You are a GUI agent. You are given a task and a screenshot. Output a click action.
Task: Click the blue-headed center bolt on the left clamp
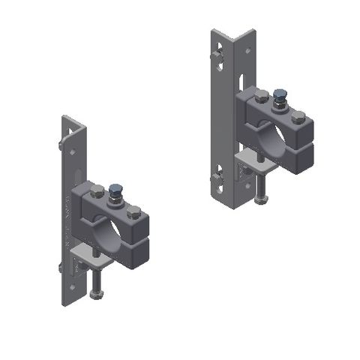(117, 190)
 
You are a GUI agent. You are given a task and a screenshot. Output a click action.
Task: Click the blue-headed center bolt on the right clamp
(280, 95)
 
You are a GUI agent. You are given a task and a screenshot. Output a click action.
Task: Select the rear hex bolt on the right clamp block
(262, 96)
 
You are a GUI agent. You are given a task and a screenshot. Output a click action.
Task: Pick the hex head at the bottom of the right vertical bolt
(259, 198)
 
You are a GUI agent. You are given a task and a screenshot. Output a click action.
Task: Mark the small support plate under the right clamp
(251, 161)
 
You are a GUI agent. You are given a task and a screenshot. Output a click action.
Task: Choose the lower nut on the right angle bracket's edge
(217, 178)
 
